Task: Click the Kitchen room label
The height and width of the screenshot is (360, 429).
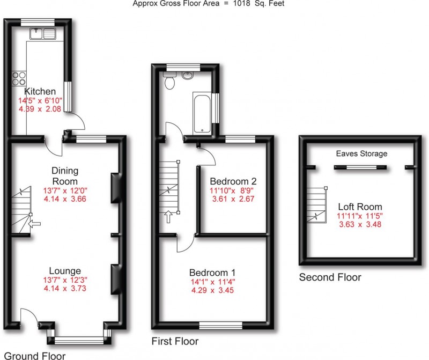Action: click(x=40, y=92)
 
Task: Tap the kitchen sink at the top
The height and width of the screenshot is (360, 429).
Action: click(x=43, y=34)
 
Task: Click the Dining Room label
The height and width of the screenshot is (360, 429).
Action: click(x=65, y=175)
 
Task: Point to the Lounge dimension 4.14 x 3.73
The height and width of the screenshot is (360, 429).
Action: click(x=65, y=288)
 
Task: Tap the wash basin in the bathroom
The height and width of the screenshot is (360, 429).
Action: click(x=188, y=76)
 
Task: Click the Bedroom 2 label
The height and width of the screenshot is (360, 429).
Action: click(x=231, y=180)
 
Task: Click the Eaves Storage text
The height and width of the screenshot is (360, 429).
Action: click(x=361, y=154)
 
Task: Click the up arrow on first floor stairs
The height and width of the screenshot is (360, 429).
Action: click(x=169, y=216)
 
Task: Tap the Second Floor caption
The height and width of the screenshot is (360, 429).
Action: click(x=330, y=277)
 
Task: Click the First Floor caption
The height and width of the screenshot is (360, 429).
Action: click(x=174, y=341)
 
